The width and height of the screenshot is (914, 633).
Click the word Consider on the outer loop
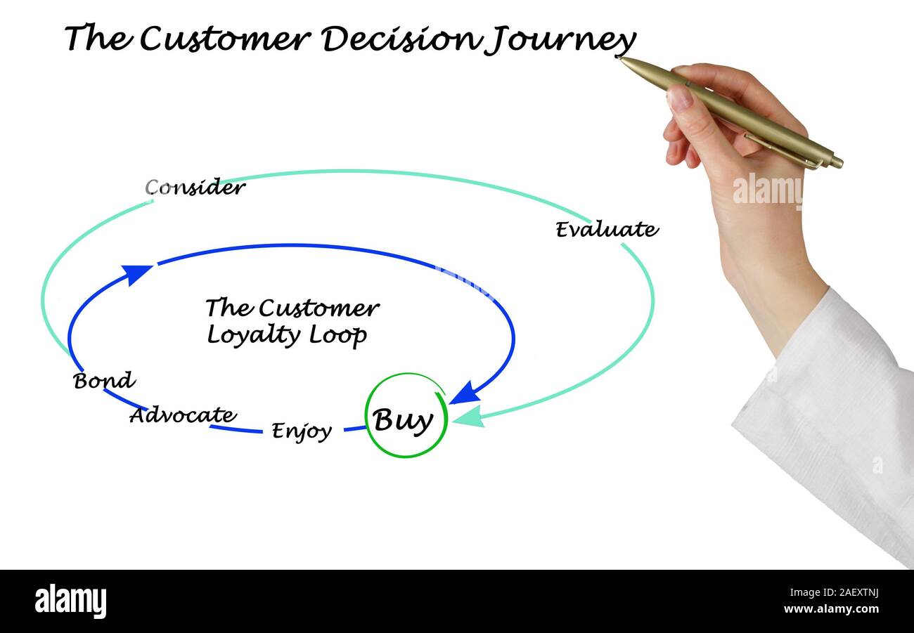pos(195,188)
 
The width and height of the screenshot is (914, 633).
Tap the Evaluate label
pos(606,230)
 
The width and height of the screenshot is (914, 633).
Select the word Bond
pos(104,381)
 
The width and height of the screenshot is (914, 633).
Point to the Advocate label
pos(183,415)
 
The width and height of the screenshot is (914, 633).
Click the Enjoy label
pos(302,431)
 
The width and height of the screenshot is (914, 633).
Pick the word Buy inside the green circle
pos(403,420)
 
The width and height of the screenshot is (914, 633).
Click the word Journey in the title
pos(560,39)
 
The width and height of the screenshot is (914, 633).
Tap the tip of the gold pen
pos(620,58)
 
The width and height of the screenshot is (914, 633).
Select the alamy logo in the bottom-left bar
pos(70,601)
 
